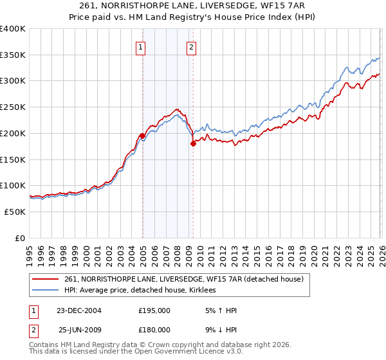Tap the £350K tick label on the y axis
coord(13,55)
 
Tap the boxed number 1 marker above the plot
coord(141,46)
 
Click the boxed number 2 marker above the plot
coord(192,46)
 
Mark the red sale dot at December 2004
coord(142,136)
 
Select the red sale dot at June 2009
coord(192,144)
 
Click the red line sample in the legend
coord(46,279)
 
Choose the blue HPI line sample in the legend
coord(46,290)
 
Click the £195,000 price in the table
coord(154,310)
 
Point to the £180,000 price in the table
coord(154,330)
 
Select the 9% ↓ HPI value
coord(218,330)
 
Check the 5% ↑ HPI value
coord(218,310)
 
